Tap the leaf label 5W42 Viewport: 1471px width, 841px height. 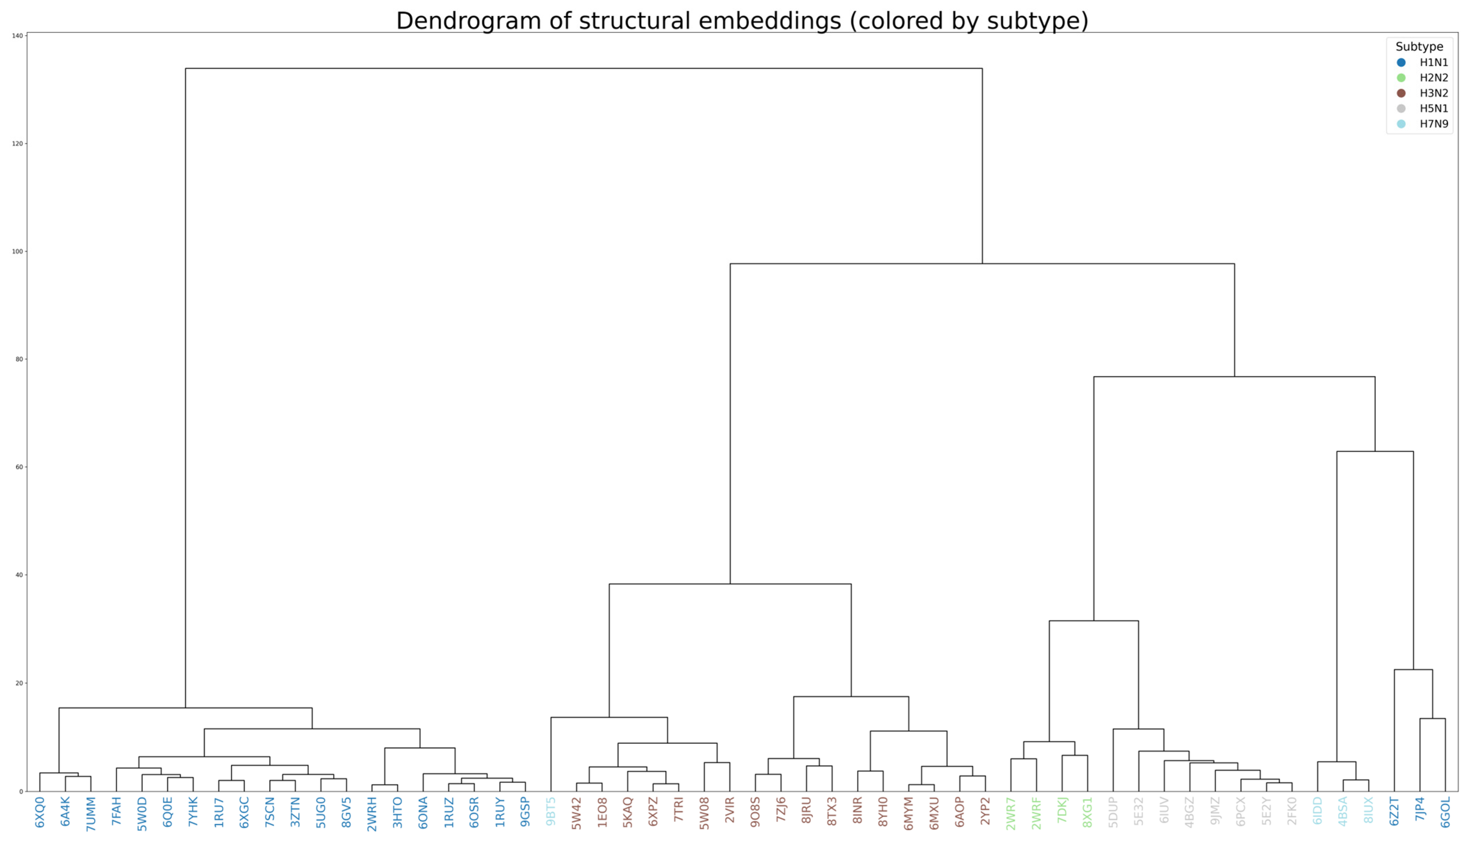(576, 813)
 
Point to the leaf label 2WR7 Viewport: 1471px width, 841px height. (1011, 813)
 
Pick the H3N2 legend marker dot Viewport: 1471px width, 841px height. (1401, 93)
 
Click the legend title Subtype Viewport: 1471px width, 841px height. (1419, 47)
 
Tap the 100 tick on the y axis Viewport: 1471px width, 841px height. (17, 251)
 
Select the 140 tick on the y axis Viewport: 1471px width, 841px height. (17, 36)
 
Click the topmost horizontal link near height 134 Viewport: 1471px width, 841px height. (583, 68)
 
